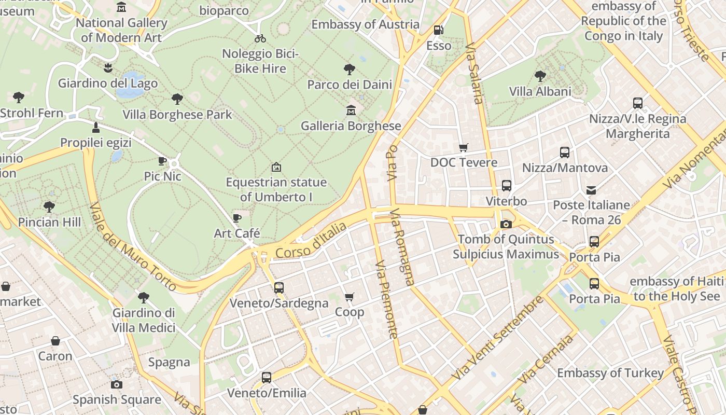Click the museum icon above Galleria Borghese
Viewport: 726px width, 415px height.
pos(351,110)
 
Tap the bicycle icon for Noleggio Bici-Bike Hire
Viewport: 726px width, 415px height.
pos(260,38)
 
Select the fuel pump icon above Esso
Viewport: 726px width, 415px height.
pos(438,30)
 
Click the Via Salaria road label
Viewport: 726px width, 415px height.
pos(474,74)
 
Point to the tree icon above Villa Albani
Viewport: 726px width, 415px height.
pos(540,76)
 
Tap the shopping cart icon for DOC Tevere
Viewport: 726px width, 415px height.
pos(463,147)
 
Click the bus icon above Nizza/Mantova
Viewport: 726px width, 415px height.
pos(565,153)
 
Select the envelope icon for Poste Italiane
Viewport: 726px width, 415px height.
pos(591,190)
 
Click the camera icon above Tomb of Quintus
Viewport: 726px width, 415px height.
pos(506,224)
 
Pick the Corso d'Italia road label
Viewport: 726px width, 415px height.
pos(311,240)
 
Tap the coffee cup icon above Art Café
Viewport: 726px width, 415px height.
pos(237,218)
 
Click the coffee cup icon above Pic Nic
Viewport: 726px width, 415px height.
pos(162,161)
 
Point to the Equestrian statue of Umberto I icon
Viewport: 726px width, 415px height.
pos(276,167)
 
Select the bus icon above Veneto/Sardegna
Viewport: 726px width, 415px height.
pos(279,287)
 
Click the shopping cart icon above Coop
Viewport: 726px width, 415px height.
pos(349,297)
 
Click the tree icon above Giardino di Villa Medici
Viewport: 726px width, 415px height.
pos(144,297)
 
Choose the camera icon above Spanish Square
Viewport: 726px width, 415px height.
pos(117,384)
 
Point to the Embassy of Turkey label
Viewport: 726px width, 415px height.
pos(610,373)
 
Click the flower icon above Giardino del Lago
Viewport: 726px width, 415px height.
pos(108,67)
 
